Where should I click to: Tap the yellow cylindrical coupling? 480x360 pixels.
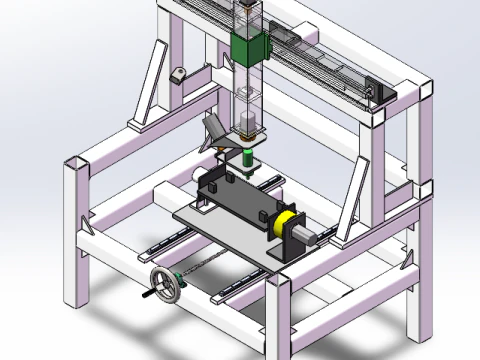coord(286,223)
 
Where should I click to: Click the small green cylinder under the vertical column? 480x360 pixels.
coord(247,156)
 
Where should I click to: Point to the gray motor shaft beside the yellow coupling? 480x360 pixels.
coord(309,235)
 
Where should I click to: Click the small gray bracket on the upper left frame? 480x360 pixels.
coord(179,74)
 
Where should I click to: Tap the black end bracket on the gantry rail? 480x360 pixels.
coord(371,93)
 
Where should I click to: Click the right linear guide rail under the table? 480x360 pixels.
coord(235,285)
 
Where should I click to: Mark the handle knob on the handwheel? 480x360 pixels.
coord(153,295)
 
